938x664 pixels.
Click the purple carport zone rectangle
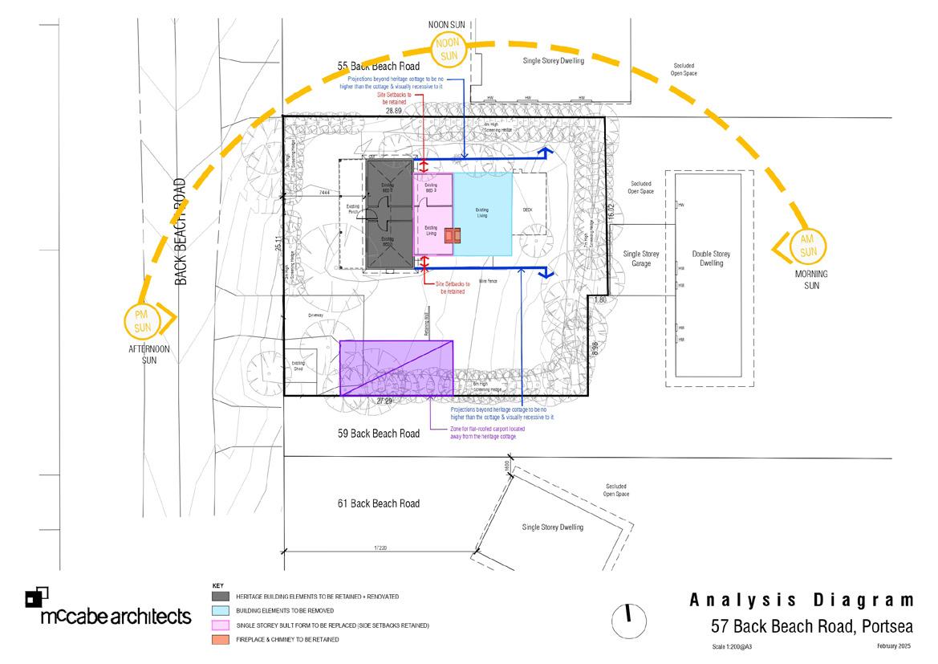tap(396, 368)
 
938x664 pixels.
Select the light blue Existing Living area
tap(483, 214)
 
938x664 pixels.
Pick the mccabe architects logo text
tap(116, 617)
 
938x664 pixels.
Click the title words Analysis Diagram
tap(802, 601)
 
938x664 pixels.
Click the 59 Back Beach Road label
tap(379, 434)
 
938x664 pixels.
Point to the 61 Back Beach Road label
tap(379, 503)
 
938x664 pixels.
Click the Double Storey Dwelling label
tap(712, 258)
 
